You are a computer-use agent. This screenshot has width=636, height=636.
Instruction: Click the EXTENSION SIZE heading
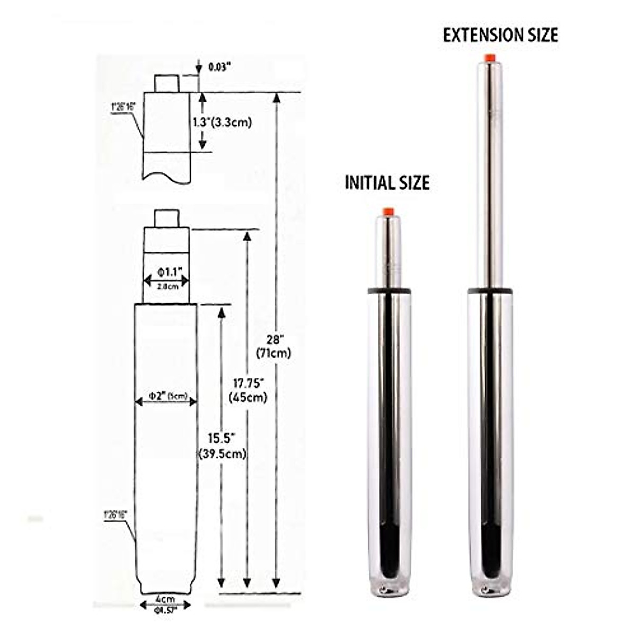[x=500, y=35]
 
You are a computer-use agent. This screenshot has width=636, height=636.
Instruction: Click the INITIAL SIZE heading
[x=387, y=183]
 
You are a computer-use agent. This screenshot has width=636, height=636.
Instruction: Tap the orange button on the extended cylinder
[x=490, y=57]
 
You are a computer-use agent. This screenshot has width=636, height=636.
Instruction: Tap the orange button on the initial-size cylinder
[x=388, y=211]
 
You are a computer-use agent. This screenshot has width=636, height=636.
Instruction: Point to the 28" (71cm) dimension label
[x=273, y=346]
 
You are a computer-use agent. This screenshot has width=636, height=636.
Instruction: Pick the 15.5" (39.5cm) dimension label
[x=222, y=445]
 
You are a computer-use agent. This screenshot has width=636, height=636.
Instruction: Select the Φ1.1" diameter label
[x=167, y=272]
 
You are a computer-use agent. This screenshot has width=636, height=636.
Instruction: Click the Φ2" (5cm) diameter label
[x=166, y=395]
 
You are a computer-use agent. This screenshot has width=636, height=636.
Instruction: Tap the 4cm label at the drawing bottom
[x=165, y=599]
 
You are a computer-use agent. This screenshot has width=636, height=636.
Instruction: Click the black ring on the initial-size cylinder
[x=389, y=290]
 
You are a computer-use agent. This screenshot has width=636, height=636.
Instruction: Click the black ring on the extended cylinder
[x=490, y=290]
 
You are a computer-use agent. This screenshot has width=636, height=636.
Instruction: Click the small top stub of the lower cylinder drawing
[x=166, y=218]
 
